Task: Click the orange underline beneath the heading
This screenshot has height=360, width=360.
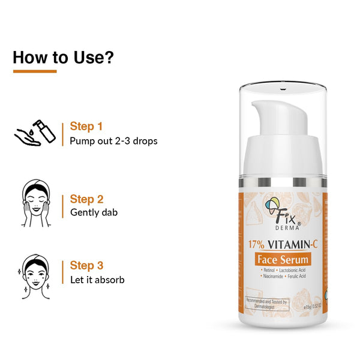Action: click(x=35, y=71)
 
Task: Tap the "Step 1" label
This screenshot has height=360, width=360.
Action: click(x=86, y=127)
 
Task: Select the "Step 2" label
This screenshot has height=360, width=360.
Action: click(x=87, y=199)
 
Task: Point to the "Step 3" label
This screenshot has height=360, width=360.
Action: click(x=87, y=265)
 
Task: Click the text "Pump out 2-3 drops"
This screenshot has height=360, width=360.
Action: click(x=113, y=142)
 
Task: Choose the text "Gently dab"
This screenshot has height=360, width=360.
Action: click(x=94, y=212)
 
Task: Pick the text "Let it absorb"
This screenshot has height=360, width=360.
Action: click(x=97, y=280)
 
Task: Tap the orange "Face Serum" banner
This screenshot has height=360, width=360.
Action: click(x=283, y=260)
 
